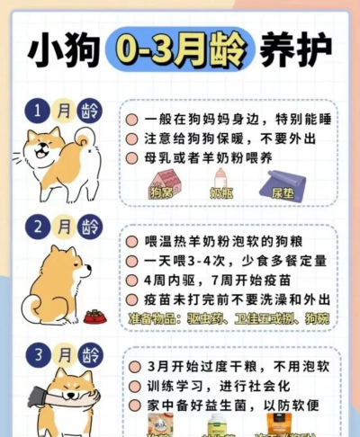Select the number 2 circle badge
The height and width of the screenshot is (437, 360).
click(x=37, y=225)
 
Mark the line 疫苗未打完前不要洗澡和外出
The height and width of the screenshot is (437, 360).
click(x=234, y=301)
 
